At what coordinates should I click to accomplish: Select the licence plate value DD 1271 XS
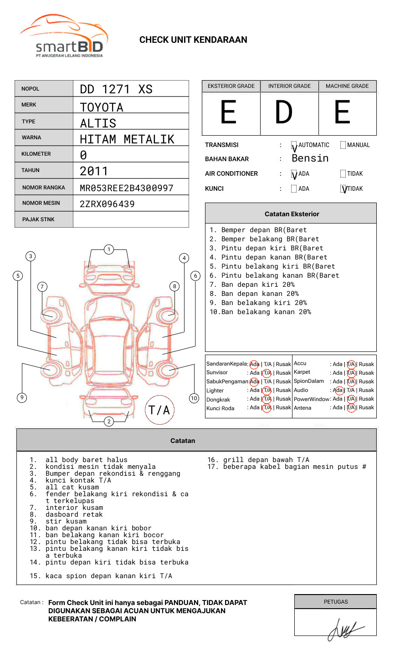pyautogui.click(x=116, y=89)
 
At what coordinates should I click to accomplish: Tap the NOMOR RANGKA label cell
pyautogui.click(x=44, y=188)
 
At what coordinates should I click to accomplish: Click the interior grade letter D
pyautogui.click(x=284, y=112)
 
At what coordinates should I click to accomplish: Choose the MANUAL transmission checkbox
pyautogui.click(x=343, y=145)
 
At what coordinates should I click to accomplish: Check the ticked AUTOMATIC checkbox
pyautogui.click(x=294, y=146)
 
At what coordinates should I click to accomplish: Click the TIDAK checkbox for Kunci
pyautogui.click(x=344, y=189)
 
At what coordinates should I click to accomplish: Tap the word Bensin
pyautogui.click(x=310, y=158)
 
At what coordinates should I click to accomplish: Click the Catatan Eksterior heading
pyautogui.click(x=292, y=214)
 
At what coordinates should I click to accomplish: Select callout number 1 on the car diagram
pyautogui.click(x=108, y=249)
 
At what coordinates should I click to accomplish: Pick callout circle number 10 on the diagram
pyautogui.click(x=194, y=398)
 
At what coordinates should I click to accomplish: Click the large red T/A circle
pyautogui.click(x=159, y=410)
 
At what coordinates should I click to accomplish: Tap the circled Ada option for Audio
pyautogui.click(x=338, y=391)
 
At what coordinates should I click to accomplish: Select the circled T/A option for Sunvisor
pyautogui.click(x=267, y=373)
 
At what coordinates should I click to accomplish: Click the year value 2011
pyautogui.click(x=94, y=171)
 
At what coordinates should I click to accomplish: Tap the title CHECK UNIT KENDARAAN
pyautogui.click(x=193, y=40)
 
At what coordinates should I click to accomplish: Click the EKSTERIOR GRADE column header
pyautogui.click(x=231, y=86)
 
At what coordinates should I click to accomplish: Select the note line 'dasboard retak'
pyautogui.click(x=74, y=514)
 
